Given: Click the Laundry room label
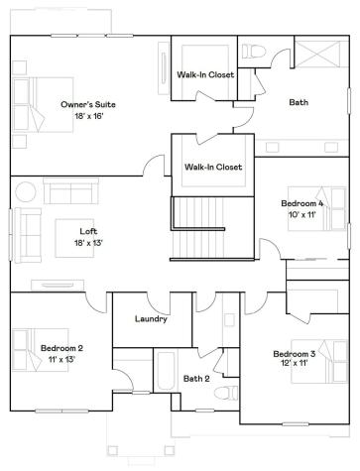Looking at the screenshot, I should point(150,319).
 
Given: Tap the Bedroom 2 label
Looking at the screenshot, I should point(61,348).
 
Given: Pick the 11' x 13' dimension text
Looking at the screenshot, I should point(61,360).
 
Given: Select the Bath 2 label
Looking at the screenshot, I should point(196,379).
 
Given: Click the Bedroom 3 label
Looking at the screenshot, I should point(295,354).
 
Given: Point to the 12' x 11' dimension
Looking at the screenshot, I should point(295,365).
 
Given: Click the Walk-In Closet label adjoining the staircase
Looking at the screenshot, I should point(213,167).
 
